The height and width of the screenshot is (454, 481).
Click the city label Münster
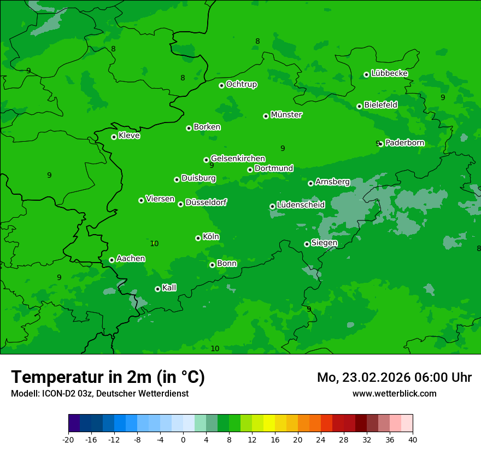[286, 115]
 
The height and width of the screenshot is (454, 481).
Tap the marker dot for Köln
[198, 238]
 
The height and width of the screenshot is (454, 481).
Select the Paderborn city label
[404, 143]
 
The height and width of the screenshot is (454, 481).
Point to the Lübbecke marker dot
[366, 74]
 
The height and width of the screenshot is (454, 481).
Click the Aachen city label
[131, 259]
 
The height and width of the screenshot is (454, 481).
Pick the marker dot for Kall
[157, 289]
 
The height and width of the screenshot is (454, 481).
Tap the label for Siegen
[324, 243]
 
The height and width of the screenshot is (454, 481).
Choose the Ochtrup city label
[241, 84]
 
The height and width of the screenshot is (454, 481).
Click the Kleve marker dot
[114, 137]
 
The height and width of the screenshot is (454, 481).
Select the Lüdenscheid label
[301, 205]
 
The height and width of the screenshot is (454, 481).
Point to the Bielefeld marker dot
[359, 106]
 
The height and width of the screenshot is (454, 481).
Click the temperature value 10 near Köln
[154, 243]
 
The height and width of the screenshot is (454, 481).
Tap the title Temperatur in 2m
[108, 377]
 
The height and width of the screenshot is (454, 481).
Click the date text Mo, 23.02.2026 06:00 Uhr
[394, 377]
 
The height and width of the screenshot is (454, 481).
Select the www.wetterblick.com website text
[394, 393]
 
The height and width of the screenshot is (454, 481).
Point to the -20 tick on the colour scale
[68, 439]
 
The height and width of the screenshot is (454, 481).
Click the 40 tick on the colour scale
[413, 439]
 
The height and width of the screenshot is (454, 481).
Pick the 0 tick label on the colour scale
[183, 439]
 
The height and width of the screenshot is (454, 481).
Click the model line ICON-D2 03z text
[99, 393]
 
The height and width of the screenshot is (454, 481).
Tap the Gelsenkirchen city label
[238, 159]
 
